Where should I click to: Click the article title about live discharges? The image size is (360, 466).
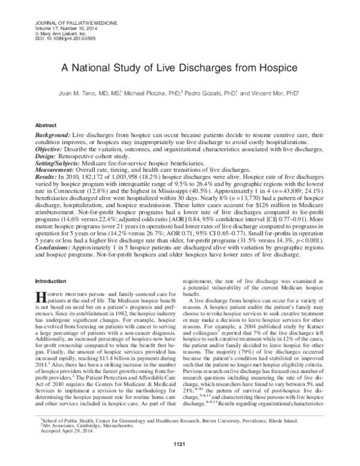179,69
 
